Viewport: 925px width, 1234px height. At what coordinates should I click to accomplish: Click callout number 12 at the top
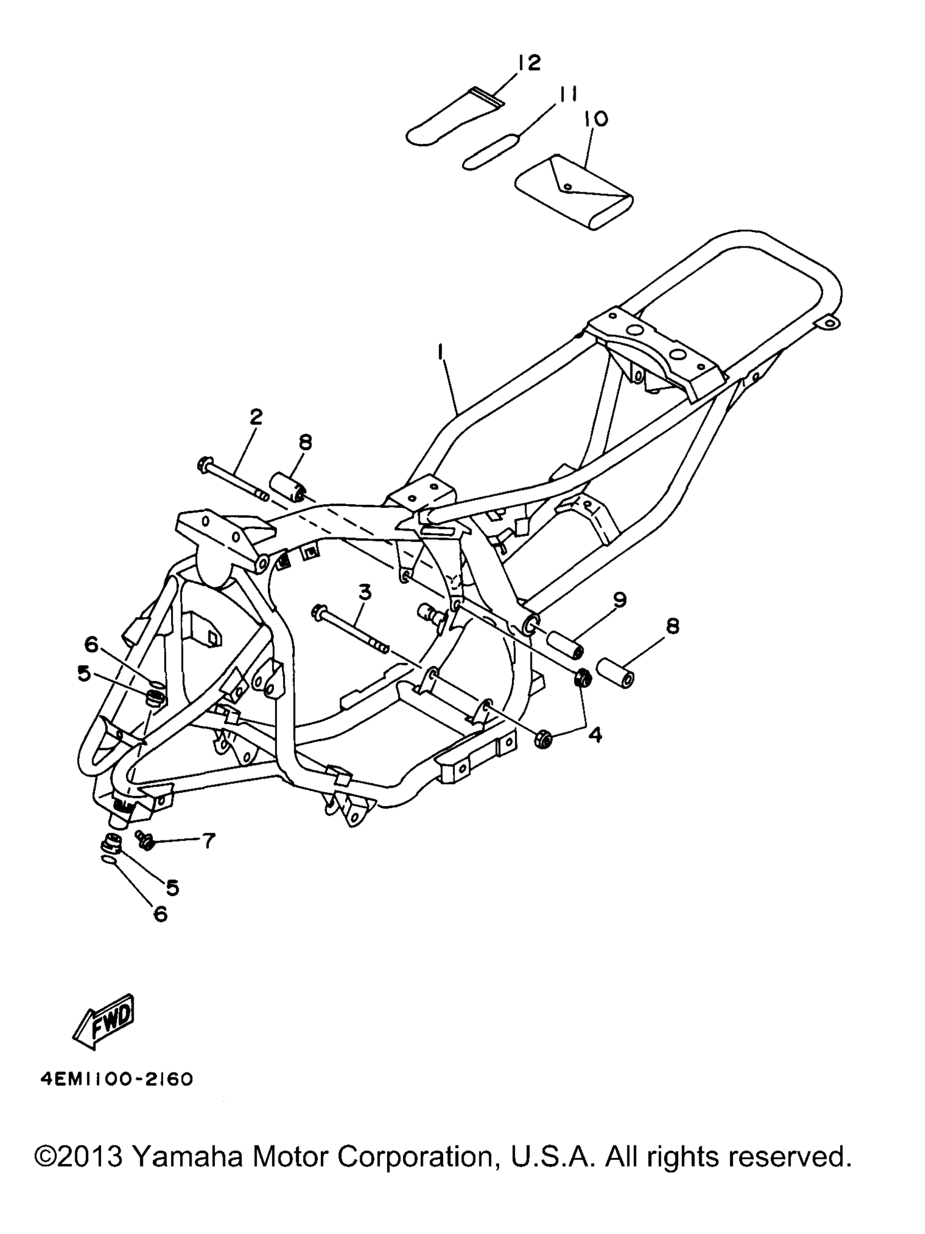tap(528, 63)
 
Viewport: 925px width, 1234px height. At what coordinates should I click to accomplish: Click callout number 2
tap(257, 417)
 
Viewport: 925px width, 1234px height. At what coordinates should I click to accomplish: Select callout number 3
tap(364, 593)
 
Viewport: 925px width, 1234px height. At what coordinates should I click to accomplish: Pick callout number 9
tap(620, 600)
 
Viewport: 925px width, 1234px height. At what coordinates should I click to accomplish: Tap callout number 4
tap(595, 736)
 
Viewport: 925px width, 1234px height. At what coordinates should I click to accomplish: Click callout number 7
tap(208, 841)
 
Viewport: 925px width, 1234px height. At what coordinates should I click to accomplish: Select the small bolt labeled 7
tap(145, 839)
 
